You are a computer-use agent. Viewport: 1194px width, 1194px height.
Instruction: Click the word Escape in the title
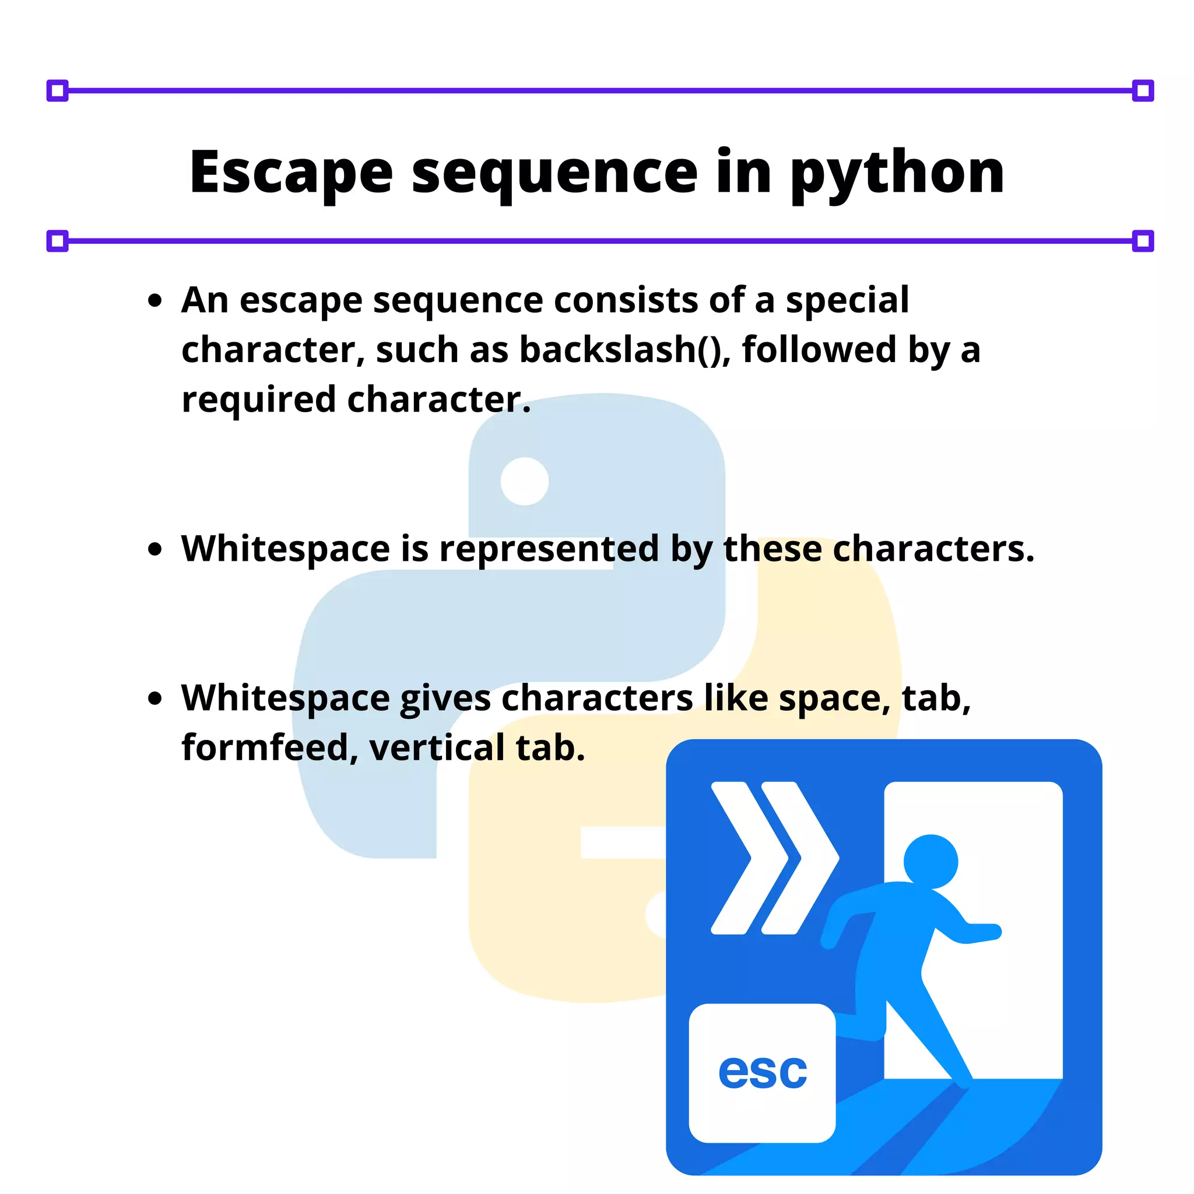pos(290,173)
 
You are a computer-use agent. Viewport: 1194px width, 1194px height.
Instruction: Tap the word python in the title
pos(897,175)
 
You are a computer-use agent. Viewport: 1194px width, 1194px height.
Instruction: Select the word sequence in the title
pos(554,175)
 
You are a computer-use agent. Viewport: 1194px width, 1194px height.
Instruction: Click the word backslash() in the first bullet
pos(624,350)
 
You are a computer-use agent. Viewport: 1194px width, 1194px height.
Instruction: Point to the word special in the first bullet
pos(847,301)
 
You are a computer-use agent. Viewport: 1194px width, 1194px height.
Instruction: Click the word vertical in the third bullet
pos(437,748)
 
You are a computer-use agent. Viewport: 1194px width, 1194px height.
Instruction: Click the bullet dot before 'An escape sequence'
pos(155,301)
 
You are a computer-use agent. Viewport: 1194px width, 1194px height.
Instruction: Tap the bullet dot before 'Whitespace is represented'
pos(155,549)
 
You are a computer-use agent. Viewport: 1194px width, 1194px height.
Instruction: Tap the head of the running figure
pos(930,862)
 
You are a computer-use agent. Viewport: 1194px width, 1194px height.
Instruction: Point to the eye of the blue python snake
pos(525,481)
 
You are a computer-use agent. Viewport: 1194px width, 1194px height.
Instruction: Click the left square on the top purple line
pos(58,91)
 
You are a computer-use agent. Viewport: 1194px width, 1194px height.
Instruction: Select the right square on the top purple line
pos(1143,91)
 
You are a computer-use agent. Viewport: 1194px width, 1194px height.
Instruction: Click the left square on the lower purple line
pos(58,241)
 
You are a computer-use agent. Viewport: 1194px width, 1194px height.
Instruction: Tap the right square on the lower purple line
pos(1143,241)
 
